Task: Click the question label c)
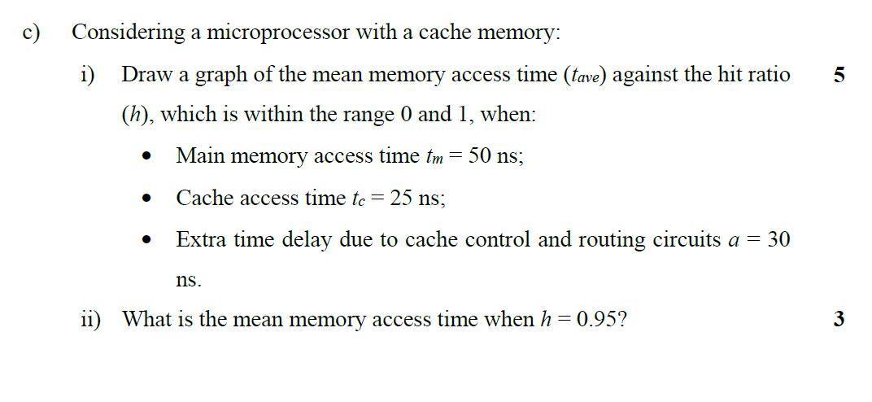pos(32,33)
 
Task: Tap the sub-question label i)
pos(87,75)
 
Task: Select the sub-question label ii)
pos(90,319)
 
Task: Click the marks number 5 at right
pos(839,76)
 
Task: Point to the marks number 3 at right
pos(839,319)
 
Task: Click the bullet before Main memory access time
pos(146,156)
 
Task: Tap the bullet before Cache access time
pos(146,198)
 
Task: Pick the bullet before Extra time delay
pos(146,240)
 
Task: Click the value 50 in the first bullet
pos(478,155)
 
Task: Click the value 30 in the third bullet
pos(778,239)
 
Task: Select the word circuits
pos(687,239)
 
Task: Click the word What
pos(146,319)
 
